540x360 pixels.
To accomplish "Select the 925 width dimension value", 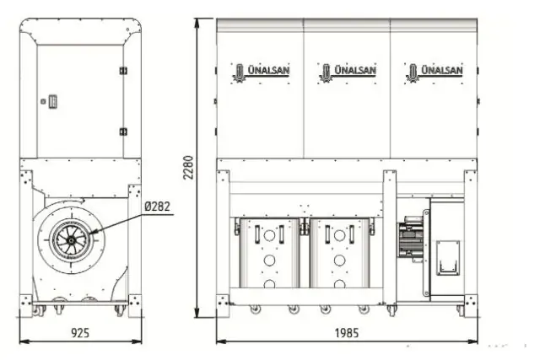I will pos(79,333).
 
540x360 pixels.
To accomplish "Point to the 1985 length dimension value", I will pos(345,333).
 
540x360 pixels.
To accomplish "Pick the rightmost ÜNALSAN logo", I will pos(433,72).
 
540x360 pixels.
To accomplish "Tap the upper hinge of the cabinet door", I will pos(123,70).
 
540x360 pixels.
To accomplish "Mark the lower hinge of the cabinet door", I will pos(123,132).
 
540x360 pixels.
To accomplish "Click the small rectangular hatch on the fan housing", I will pos(447,255).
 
